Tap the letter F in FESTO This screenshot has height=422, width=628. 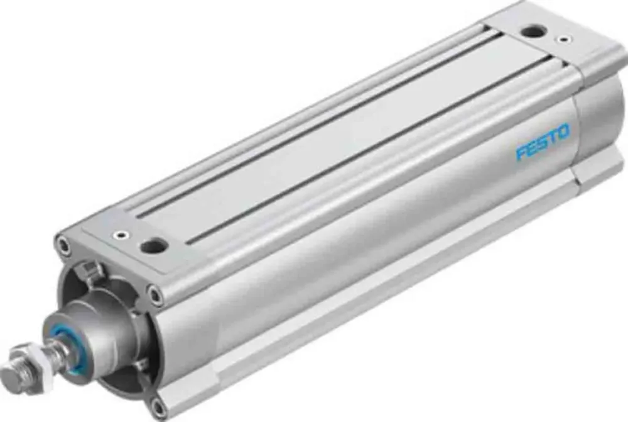521,153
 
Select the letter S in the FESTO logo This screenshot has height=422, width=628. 542,143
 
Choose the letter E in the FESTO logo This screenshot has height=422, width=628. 532,148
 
